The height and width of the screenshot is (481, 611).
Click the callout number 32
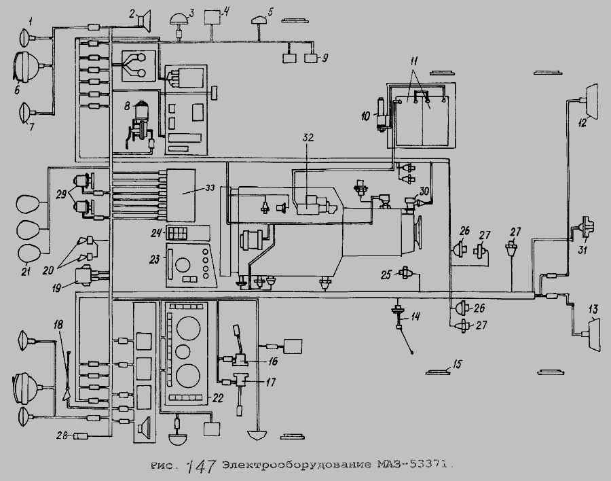click(309, 137)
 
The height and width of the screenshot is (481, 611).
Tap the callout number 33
click(208, 187)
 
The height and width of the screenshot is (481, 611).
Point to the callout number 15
click(457, 365)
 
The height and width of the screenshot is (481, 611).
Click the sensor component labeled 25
click(406, 274)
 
